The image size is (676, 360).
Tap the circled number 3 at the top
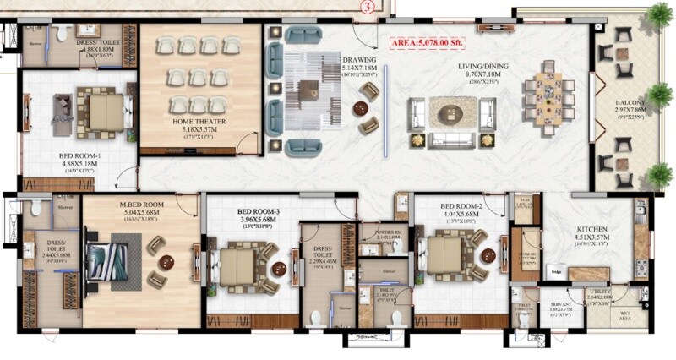366,7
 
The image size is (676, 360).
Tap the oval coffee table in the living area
451,111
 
